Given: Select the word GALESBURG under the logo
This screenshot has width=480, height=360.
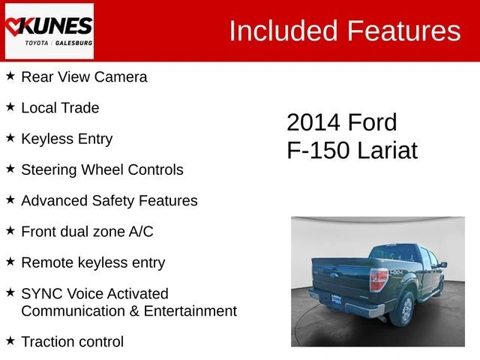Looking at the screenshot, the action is [x=73, y=43].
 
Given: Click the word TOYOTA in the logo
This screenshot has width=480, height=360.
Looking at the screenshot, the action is [x=37, y=43].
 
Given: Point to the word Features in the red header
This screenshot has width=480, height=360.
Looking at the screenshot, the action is [x=403, y=30].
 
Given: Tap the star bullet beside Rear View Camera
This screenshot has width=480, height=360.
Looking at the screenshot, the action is [x=10, y=76].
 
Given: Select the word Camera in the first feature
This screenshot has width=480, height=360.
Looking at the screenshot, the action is [x=121, y=76].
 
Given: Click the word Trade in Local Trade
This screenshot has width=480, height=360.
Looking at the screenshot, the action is [x=80, y=108].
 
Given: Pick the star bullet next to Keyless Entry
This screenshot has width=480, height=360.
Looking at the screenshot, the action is [x=10, y=138].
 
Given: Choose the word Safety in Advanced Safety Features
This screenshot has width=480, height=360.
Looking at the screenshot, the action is [x=113, y=201].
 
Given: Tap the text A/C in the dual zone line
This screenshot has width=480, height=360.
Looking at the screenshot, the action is [x=141, y=232].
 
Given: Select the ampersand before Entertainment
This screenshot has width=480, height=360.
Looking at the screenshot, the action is [x=134, y=311].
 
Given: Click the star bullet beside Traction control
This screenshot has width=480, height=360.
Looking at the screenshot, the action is [x=10, y=340].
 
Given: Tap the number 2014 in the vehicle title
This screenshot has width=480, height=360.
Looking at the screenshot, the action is [x=313, y=122].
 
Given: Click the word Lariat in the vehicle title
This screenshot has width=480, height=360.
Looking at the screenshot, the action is [x=387, y=150].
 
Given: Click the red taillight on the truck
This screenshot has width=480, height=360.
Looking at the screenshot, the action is [x=378, y=280].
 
